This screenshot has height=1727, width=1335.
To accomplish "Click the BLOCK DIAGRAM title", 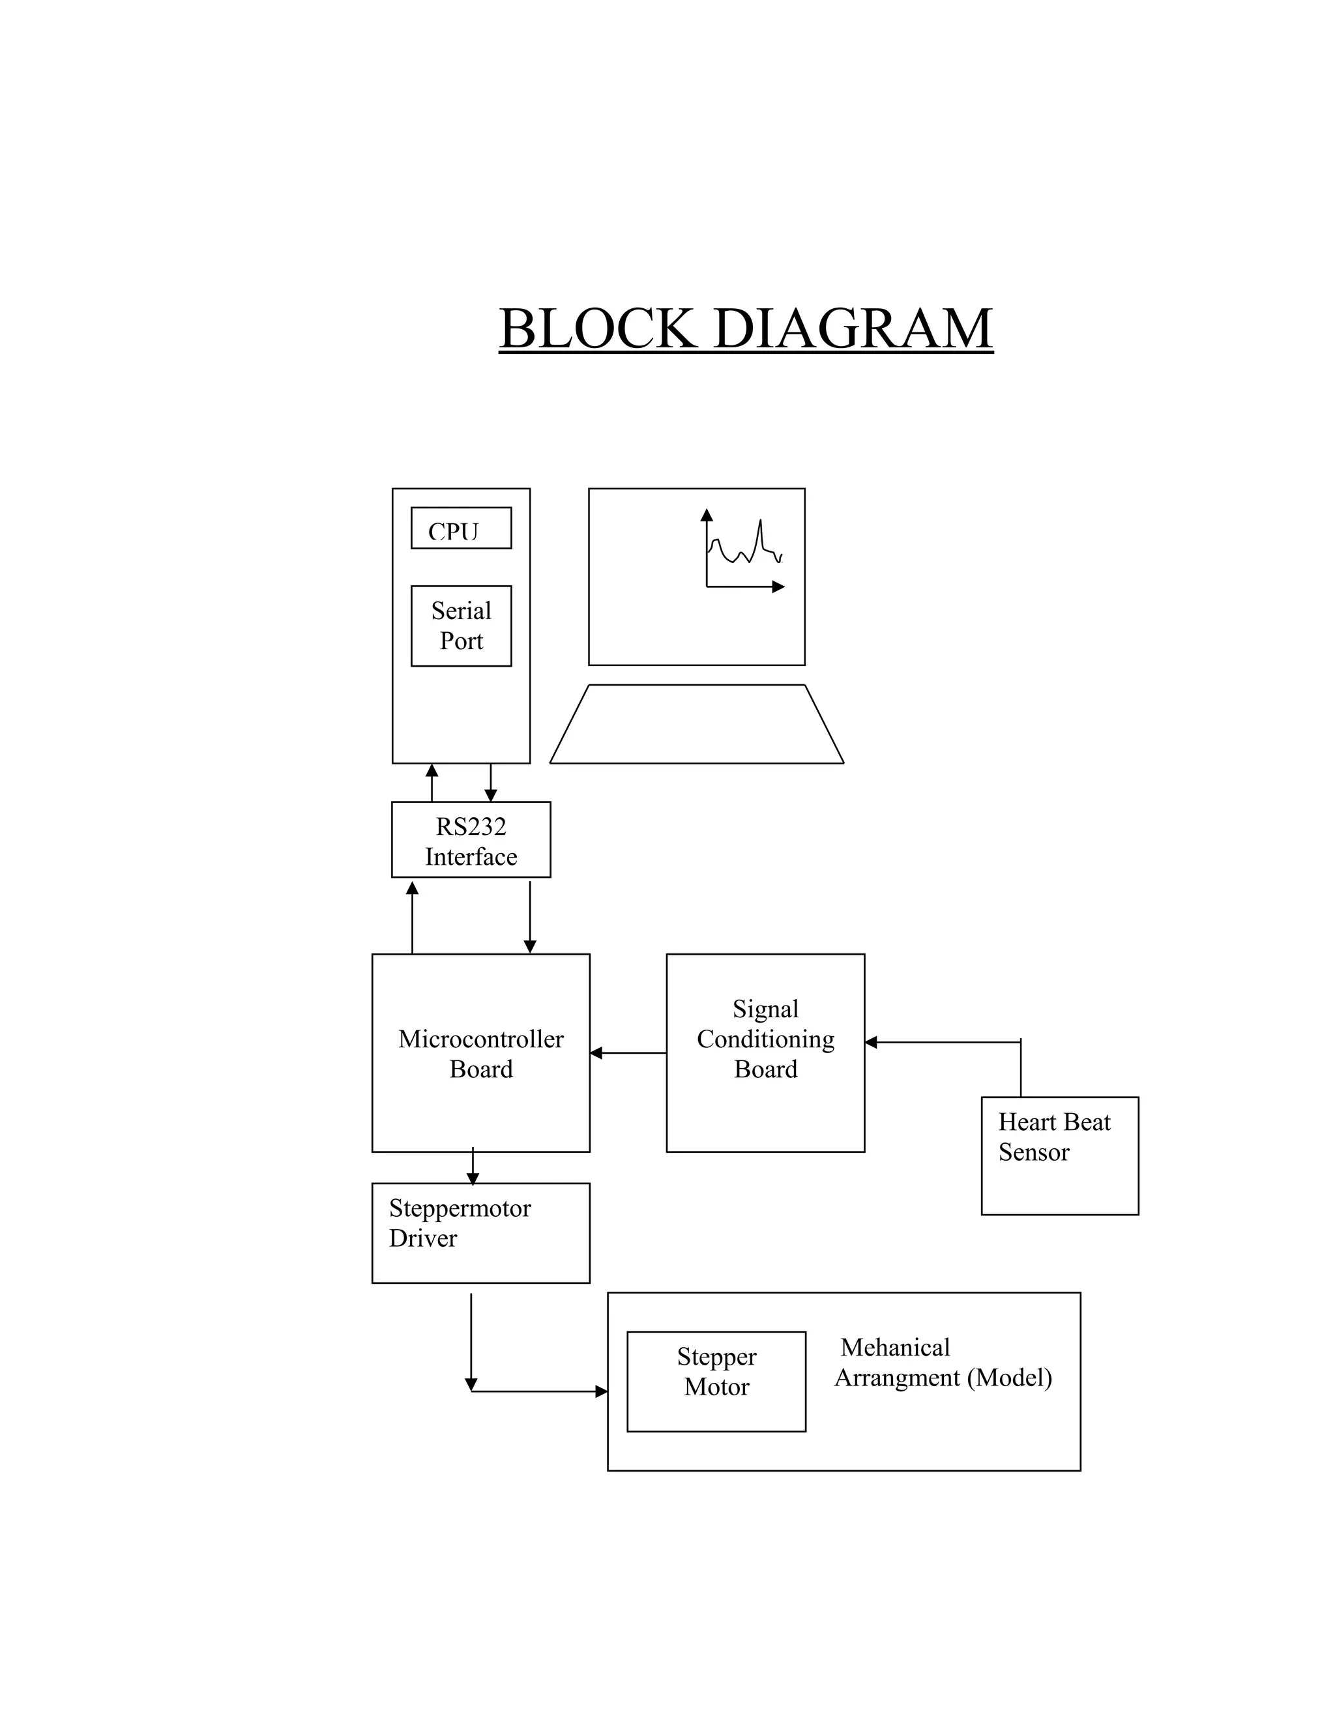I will (x=745, y=328).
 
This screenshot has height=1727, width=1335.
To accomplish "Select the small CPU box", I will (x=461, y=529).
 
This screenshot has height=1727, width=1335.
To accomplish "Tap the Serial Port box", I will (x=461, y=626).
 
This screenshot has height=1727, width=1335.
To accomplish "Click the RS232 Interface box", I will (x=471, y=840).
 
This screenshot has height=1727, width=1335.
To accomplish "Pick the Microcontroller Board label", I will (x=481, y=1053).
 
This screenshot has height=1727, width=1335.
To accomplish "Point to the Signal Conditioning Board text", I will (x=765, y=1038).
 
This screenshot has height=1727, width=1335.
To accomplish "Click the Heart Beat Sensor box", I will (x=1059, y=1155).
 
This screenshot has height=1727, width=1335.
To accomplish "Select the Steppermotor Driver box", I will (x=481, y=1233).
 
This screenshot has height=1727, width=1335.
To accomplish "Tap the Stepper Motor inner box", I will (x=716, y=1382).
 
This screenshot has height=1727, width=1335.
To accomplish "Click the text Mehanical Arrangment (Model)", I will (x=943, y=1363).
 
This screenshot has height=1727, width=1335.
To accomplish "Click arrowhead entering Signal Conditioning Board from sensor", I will (x=871, y=1042).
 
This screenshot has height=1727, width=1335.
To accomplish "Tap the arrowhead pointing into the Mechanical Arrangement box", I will (x=601, y=1392).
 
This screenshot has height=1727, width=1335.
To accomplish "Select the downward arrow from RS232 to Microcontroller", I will (x=530, y=918).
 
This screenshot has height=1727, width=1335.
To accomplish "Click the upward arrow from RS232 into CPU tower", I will (x=432, y=782).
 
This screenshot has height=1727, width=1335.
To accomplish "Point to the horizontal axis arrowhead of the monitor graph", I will (x=778, y=587).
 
